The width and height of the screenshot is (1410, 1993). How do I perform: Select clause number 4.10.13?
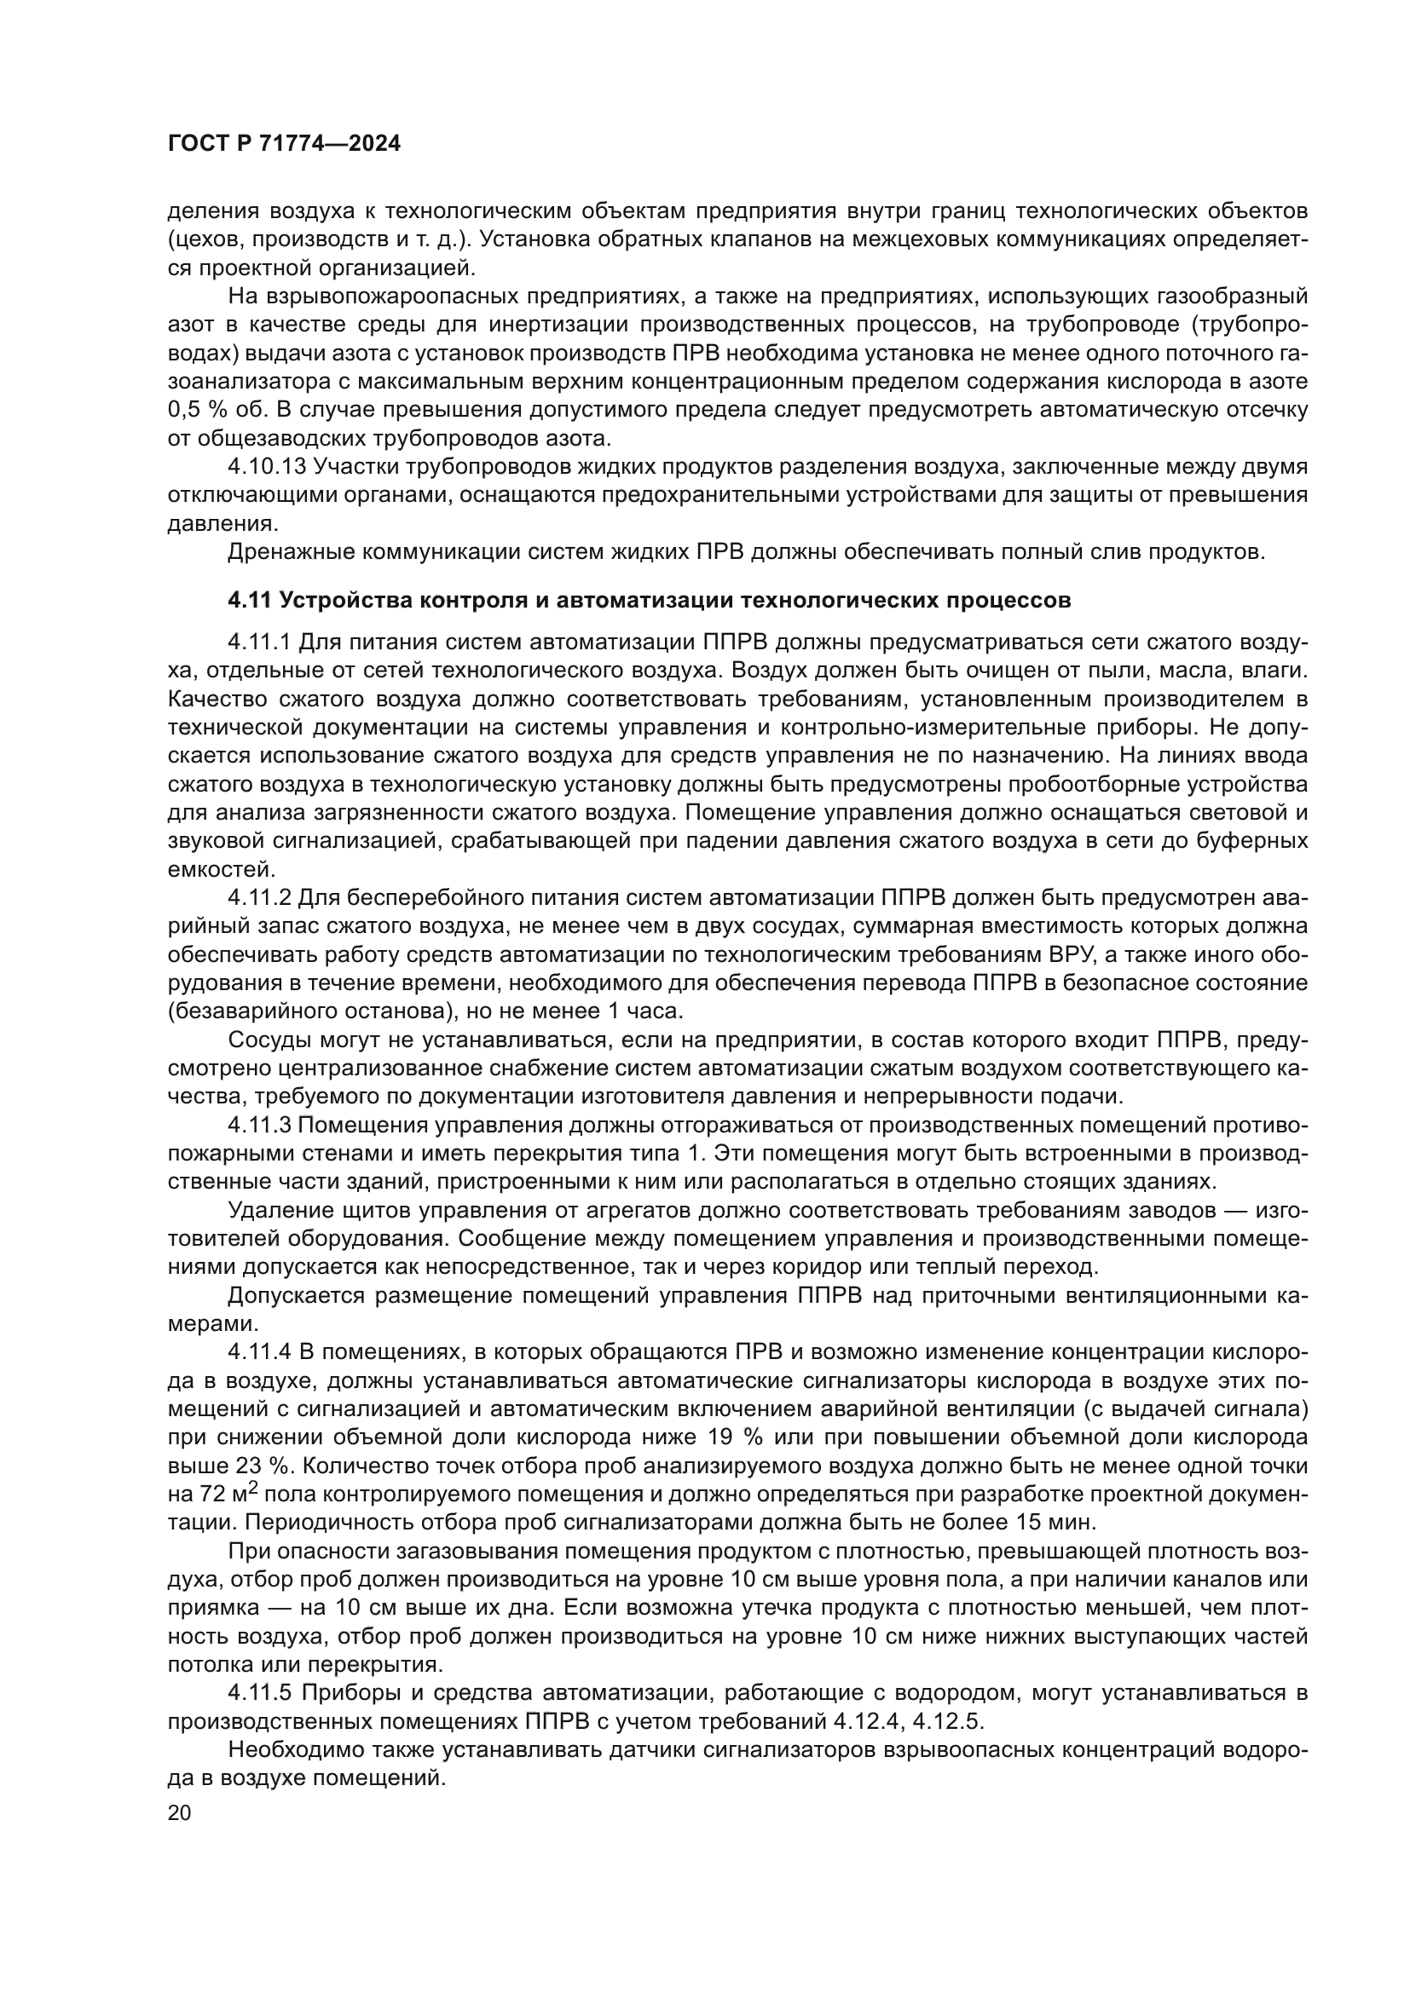point(268,467)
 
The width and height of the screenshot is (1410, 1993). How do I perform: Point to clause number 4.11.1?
point(261,642)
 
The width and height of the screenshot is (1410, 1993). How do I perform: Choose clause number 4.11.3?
point(261,1126)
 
